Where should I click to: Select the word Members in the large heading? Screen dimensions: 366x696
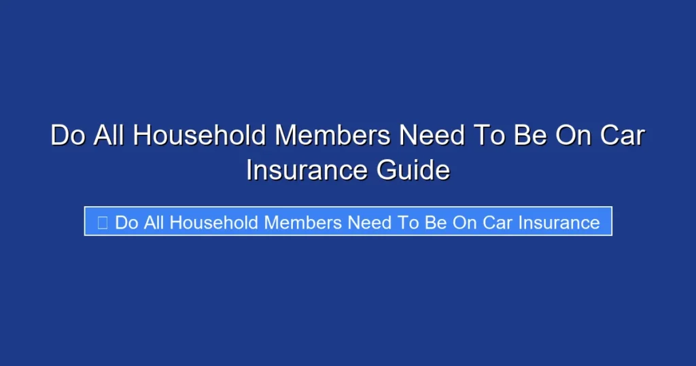point(332,135)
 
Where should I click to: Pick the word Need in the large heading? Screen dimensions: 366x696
point(428,135)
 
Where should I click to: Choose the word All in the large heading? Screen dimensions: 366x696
point(107,135)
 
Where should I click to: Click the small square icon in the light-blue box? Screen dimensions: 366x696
point(103,222)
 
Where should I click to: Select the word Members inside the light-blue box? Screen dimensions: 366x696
point(304,222)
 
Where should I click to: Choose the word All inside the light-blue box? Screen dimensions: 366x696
point(153,222)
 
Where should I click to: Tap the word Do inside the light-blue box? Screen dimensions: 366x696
point(126,222)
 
